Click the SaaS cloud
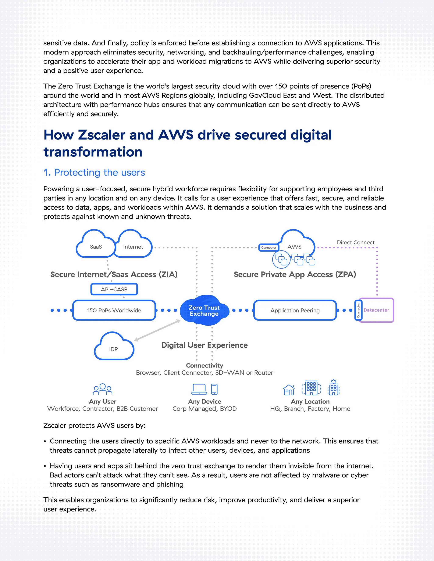click(x=96, y=247)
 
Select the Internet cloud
click(x=133, y=247)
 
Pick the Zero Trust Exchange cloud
click(x=204, y=311)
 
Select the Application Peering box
click(x=295, y=310)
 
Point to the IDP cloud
click(x=114, y=349)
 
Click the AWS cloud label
click(x=294, y=247)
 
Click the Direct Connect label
click(x=356, y=242)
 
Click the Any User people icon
click(x=103, y=389)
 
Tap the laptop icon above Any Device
click(x=199, y=389)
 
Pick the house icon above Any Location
click(x=289, y=390)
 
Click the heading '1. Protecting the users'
click(x=94, y=172)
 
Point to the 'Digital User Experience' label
click(x=204, y=345)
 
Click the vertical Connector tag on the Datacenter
click(x=358, y=310)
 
